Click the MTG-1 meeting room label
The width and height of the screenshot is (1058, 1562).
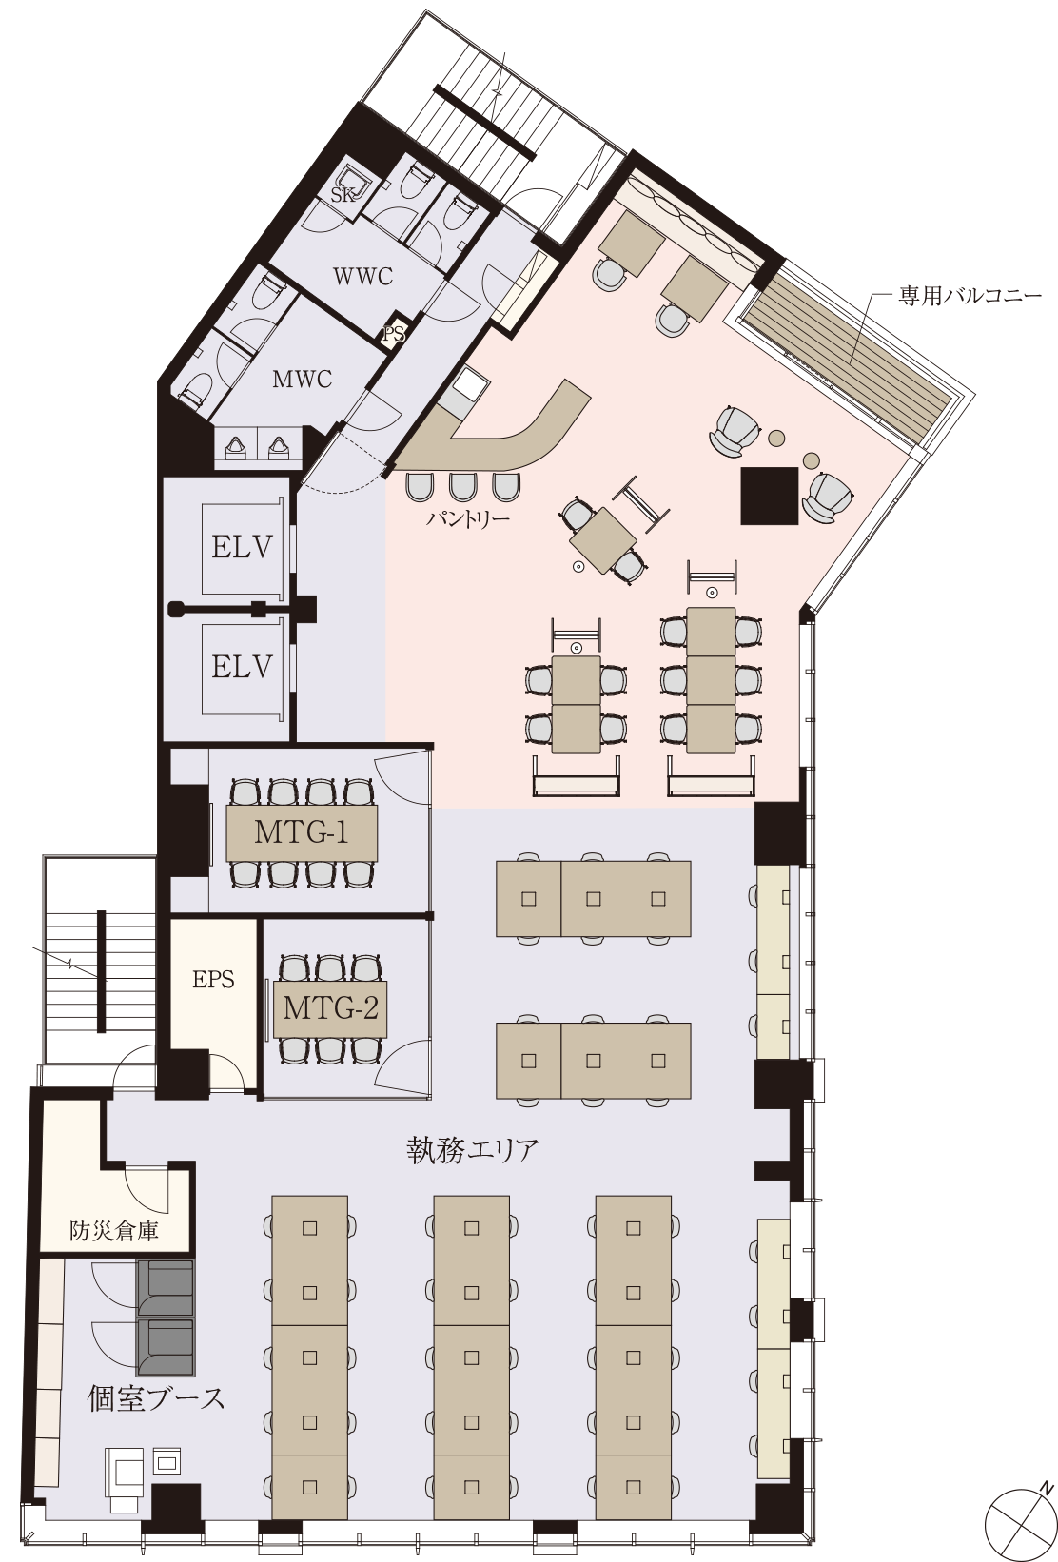click(302, 832)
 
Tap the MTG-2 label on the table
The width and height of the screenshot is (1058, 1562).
click(330, 1007)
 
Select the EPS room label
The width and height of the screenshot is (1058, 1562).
click(213, 980)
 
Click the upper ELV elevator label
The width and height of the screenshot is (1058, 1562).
click(242, 548)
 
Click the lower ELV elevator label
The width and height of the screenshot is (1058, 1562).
click(242, 668)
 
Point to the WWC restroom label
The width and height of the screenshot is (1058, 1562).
click(362, 277)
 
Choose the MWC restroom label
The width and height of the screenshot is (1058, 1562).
click(302, 381)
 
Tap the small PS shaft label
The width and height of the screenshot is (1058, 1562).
click(394, 334)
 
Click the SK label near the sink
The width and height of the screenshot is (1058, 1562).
click(343, 195)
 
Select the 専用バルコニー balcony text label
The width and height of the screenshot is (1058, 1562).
click(969, 297)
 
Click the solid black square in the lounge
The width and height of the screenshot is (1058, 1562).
click(770, 495)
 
